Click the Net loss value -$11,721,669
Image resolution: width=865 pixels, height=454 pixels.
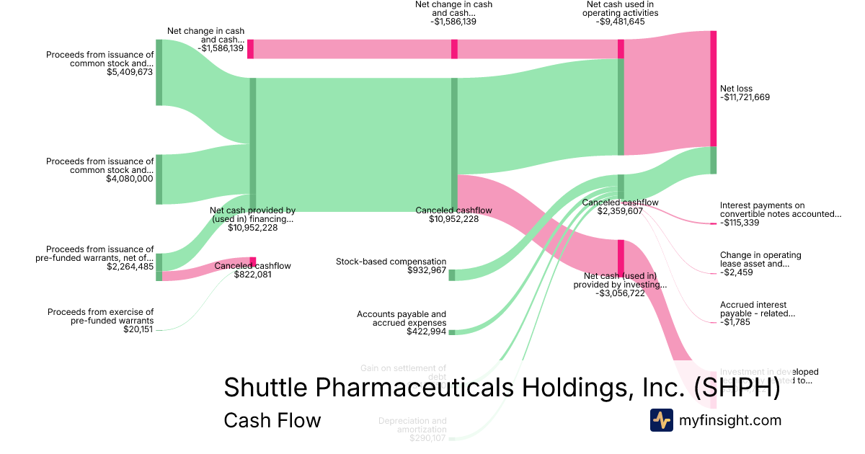pos(745,97)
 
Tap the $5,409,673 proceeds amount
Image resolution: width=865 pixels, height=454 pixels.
pos(130,72)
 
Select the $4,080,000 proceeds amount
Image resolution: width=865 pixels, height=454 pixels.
pos(130,179)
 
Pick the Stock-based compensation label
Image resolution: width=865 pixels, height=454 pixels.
pos(391,262)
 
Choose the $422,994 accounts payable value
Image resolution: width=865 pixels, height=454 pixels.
pos(422,331)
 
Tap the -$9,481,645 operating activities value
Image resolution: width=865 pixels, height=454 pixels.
pos(621,22)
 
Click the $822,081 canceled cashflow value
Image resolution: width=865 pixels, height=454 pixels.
pos(252,275)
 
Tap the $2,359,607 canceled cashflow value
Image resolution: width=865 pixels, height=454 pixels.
pos(620,212)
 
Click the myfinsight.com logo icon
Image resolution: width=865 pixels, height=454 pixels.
pos(661,420)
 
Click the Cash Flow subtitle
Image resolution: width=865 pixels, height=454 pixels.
pos(272,420)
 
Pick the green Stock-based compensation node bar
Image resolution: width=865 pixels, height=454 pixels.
pos(452,275)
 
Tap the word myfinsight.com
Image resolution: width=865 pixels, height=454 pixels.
pos(730,420)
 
